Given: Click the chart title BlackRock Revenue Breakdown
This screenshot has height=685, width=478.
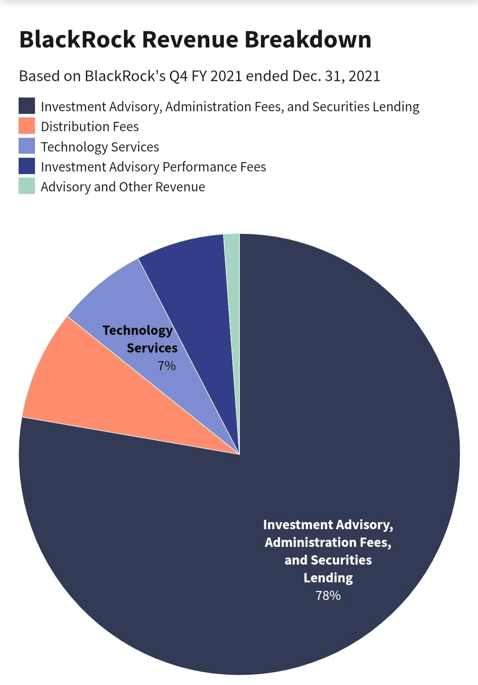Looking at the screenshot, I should pos(195,40).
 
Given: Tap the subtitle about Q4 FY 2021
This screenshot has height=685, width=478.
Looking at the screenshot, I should pos(200,76).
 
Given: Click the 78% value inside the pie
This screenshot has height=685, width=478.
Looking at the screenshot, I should pos(328,596).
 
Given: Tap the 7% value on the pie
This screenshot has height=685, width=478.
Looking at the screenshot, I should pos(167,366).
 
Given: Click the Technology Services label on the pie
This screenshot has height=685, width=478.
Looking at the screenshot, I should pos(140,339).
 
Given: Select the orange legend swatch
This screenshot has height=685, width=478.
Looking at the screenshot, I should pos(27,126).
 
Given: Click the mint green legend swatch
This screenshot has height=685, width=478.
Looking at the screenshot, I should pos(27,186).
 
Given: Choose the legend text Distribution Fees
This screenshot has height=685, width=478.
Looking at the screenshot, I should pos(90,127).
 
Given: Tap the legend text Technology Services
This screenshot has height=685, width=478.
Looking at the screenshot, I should pos(100,147).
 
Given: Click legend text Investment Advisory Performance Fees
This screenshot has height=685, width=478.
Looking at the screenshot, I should pos(153,167).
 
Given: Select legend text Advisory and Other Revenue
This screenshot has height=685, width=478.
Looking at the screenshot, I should pos(123,187).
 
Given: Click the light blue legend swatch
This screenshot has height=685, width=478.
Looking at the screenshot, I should pos(27,146).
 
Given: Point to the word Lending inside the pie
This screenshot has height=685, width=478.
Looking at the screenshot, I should pos(328,578).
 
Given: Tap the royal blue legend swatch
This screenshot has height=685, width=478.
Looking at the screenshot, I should pos(27,166).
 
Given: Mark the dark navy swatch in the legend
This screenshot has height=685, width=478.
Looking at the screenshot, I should pos(27,106).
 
